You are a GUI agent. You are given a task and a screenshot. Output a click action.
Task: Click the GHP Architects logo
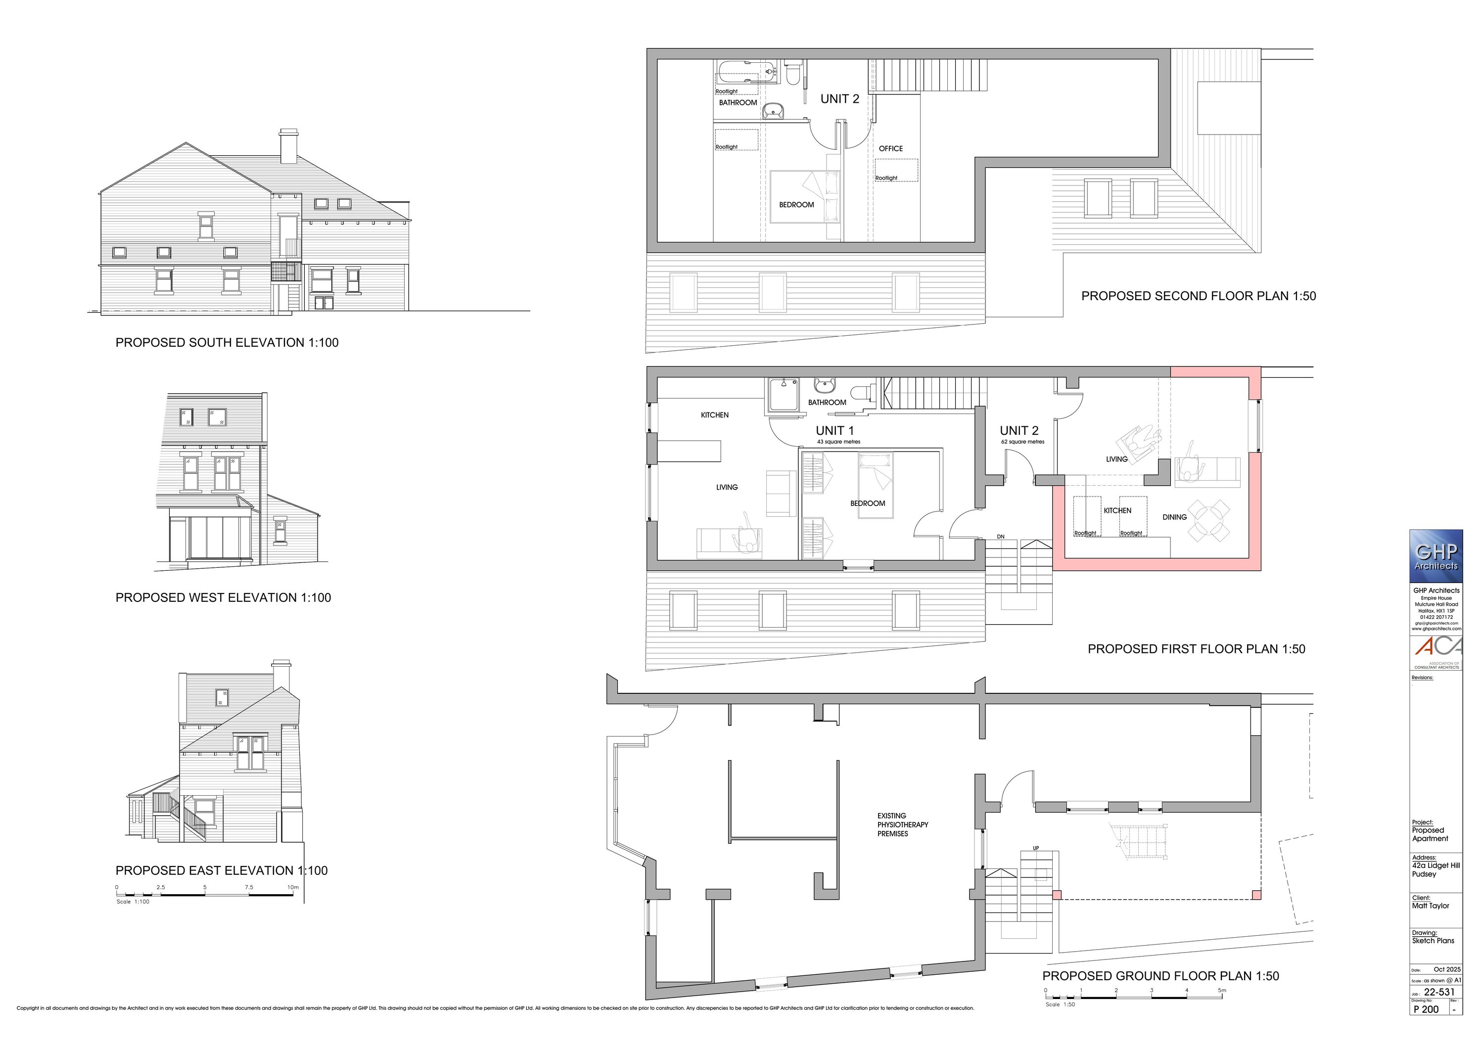tap(1436, 556)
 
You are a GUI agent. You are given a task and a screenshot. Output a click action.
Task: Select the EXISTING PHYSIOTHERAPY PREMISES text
tap(902, 824)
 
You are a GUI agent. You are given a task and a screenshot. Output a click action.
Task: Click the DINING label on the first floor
tap(1174, 517)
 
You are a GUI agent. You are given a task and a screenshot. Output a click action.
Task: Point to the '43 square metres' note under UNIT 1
tap(838, 442)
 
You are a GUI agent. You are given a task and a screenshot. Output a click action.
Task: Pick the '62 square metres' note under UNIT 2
tap(1022, 442)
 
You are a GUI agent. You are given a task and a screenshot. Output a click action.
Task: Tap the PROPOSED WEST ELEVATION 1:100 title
tap(223, 597)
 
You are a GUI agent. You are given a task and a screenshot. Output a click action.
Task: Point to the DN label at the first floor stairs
tap(1001, 536)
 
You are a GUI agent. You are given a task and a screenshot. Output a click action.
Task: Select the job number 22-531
tap(1439, 992)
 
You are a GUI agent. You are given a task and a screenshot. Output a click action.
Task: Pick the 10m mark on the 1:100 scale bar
tap(293, 888)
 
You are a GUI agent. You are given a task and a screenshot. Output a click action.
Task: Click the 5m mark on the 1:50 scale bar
tap(1222, 991)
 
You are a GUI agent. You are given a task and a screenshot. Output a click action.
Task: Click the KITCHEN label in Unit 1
tap(714, 415)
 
